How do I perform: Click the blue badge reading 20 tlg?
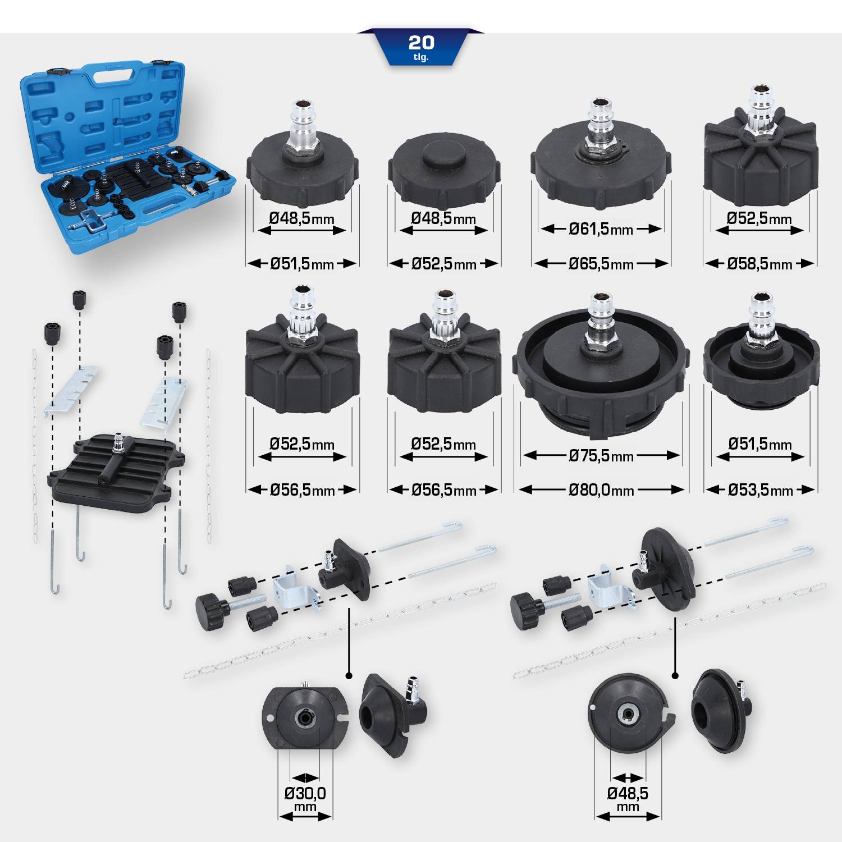[421, 47]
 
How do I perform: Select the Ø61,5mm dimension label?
[601, 229]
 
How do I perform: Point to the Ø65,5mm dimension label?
[601, 264]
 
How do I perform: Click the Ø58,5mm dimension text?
[759, 264]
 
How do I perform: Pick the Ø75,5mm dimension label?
[601, 456]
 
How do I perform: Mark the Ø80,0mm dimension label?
[601, 490]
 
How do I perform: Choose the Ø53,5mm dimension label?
[760, 490]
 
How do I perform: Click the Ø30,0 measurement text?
[305, 793]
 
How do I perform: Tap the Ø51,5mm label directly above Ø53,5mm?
[760, 444]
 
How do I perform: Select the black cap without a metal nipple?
[443, 168]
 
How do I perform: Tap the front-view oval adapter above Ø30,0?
[305, 717]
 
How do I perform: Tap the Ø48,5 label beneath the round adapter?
[628, 793]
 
